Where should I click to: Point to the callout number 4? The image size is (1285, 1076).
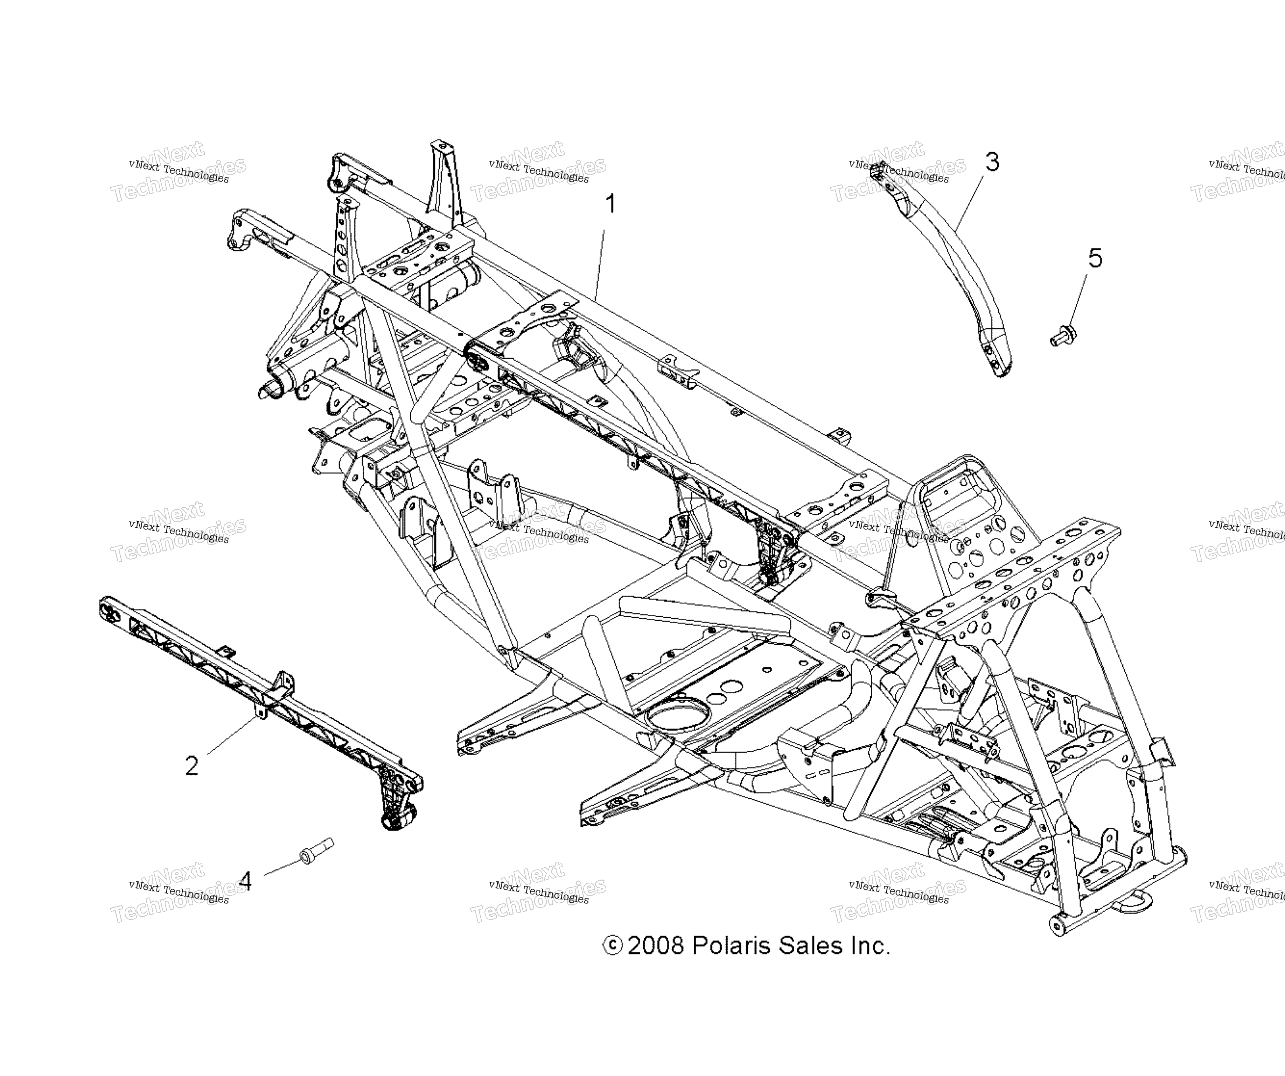245,881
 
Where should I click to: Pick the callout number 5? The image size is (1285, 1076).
1095,258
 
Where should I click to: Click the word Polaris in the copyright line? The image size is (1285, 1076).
731,946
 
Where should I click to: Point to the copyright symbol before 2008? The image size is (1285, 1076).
613,946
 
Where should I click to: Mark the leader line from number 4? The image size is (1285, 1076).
283,867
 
